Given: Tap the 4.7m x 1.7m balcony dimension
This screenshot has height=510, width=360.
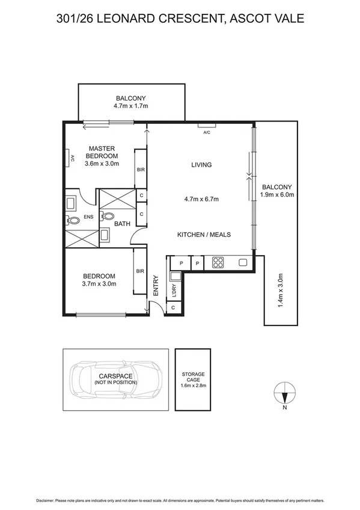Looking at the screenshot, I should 130,106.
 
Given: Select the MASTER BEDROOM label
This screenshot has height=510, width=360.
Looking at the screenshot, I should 102,152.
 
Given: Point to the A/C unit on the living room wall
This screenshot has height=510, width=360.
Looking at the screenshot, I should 207,126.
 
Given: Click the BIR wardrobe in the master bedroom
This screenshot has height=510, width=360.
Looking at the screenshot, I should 140,170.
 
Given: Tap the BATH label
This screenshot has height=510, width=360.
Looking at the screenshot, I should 122,224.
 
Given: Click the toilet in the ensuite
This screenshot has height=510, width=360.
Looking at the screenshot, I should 74,221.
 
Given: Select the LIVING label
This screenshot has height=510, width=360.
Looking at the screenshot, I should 201,165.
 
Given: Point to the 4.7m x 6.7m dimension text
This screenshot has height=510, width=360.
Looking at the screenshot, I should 201,199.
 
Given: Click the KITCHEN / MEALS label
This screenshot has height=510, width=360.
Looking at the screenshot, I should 204,235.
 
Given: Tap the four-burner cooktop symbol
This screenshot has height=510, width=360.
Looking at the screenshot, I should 218,262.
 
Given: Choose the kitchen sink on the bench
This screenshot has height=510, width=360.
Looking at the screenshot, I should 243,262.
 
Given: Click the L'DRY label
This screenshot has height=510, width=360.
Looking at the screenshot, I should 174,292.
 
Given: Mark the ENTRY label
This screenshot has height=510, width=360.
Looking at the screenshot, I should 156,286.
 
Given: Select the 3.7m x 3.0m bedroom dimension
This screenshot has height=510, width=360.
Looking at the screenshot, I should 99,284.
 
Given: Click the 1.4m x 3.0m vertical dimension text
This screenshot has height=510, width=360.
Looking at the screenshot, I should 280,291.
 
